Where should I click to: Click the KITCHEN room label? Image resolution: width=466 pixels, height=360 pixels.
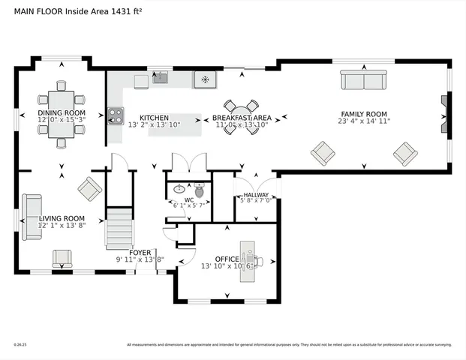click(x=154, y=118)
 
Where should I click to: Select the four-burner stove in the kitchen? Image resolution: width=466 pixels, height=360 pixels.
click(x=115, y=115)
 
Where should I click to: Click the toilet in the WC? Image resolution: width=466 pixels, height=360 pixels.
click(x=199, y=192)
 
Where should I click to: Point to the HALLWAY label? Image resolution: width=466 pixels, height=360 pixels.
click(x=256, y=195)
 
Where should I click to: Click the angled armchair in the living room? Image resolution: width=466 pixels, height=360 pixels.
click(x=90, y=188)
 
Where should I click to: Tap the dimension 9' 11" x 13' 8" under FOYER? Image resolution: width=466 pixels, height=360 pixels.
click(x=140, y=259)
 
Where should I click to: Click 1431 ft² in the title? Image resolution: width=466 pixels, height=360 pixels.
click(x=131, y=11)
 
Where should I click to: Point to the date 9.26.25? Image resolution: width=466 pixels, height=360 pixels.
click(x=20, y=345)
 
